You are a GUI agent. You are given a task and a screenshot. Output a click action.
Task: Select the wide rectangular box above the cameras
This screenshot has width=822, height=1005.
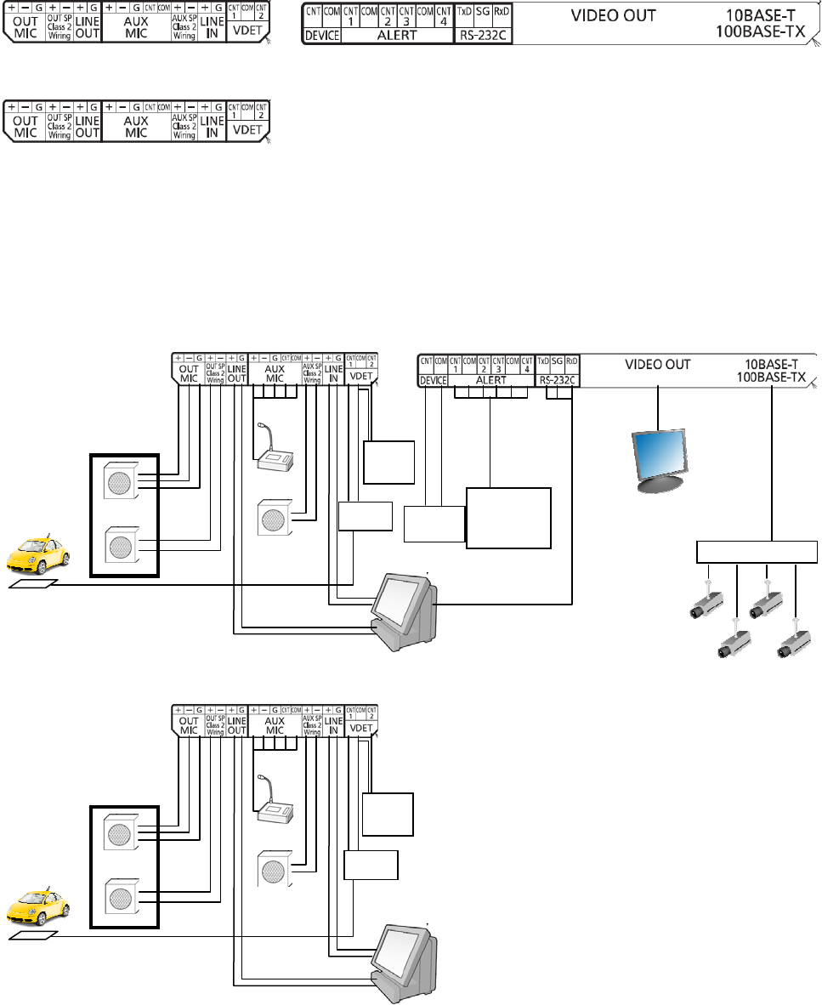(757, 551)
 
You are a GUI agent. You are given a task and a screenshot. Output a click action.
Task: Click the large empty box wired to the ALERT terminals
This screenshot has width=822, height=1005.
(508, 519)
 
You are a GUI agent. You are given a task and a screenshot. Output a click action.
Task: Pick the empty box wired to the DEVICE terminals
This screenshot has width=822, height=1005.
(434, 525)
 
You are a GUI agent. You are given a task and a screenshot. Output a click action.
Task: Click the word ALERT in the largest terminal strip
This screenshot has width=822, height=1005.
(397, 37)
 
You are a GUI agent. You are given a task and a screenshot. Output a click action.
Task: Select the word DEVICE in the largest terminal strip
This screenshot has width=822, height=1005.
(322, 37)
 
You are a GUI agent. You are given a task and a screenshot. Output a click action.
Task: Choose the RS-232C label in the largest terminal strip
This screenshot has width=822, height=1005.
(483, 37)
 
